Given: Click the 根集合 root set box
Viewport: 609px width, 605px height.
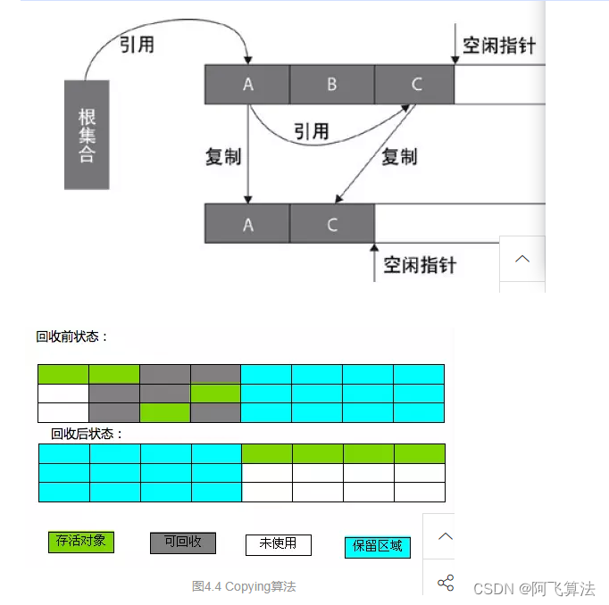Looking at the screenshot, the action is (x=87, y=134).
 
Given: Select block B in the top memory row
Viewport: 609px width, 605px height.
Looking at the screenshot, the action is (x=331, y=85).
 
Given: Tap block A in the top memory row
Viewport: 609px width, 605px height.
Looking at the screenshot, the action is (x=247, y=85).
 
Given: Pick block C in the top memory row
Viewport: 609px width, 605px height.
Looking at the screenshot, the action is (x=415, y=85).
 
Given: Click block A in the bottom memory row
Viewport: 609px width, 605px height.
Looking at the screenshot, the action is (x=247, y=224).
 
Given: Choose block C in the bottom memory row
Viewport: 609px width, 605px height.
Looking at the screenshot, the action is (x=331, y=224).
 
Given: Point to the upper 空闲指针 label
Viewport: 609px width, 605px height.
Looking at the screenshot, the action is (x=499, y=46).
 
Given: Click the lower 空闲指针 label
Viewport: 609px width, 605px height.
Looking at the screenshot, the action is (x=420, y=265).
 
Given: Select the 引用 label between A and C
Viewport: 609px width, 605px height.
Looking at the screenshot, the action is (x=311, y=132).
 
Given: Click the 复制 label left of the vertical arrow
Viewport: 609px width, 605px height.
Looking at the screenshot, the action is (x=222, y=157).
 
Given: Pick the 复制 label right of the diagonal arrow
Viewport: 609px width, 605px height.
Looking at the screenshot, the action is (x=399, y=157).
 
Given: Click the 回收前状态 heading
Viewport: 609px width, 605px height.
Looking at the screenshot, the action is (x=72, y=337).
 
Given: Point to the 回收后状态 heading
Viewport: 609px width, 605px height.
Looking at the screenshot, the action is (x=87, y=435).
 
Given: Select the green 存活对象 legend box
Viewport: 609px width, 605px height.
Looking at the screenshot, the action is (x=81, y=542).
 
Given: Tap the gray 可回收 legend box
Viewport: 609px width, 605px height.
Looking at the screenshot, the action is (x=182, y=543).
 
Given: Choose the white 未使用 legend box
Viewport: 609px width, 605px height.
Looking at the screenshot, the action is (x=278, y=544).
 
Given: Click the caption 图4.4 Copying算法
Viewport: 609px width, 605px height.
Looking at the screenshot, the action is (x=243, y=586).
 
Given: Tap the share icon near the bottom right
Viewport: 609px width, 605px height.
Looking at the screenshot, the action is (x=446, y=584).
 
